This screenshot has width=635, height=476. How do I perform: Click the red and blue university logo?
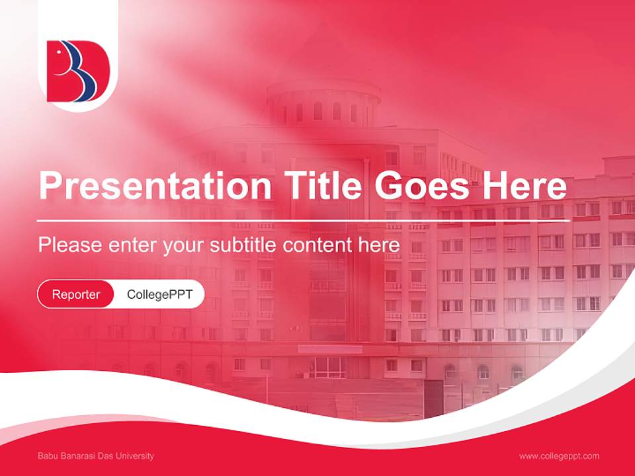click(78, 71)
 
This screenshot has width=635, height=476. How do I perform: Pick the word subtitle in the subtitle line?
click(243, 245)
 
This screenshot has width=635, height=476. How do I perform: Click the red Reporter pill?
click(75, 294)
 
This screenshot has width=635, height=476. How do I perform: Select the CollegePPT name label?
click(159, 294)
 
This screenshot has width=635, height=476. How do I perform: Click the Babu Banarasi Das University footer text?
click(96, 456)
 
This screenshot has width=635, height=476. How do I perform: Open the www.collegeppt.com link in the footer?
click(559, 456)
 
